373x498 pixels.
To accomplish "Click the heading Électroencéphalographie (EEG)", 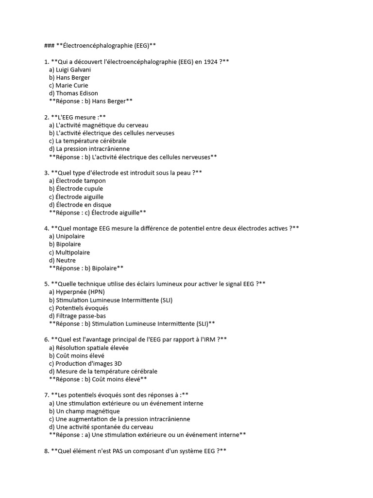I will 106,46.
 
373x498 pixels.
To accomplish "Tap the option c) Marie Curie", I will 68,85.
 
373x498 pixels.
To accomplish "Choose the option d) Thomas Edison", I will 73,93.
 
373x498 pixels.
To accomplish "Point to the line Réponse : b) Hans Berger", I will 91,101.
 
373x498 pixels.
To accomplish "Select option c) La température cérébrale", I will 87,141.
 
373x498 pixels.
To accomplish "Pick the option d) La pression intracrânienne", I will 89,149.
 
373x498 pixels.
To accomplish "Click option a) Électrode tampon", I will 77,181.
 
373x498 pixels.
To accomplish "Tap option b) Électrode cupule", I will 76,189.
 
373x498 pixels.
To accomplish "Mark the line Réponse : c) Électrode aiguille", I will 98,213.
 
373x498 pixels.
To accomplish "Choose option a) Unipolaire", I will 67,236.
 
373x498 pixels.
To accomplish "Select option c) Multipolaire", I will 69,252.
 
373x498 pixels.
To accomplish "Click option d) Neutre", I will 62,260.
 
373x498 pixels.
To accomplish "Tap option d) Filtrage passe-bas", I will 77,316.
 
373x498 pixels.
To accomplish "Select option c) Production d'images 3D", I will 85,363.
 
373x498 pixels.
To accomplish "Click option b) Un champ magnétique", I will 84,411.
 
